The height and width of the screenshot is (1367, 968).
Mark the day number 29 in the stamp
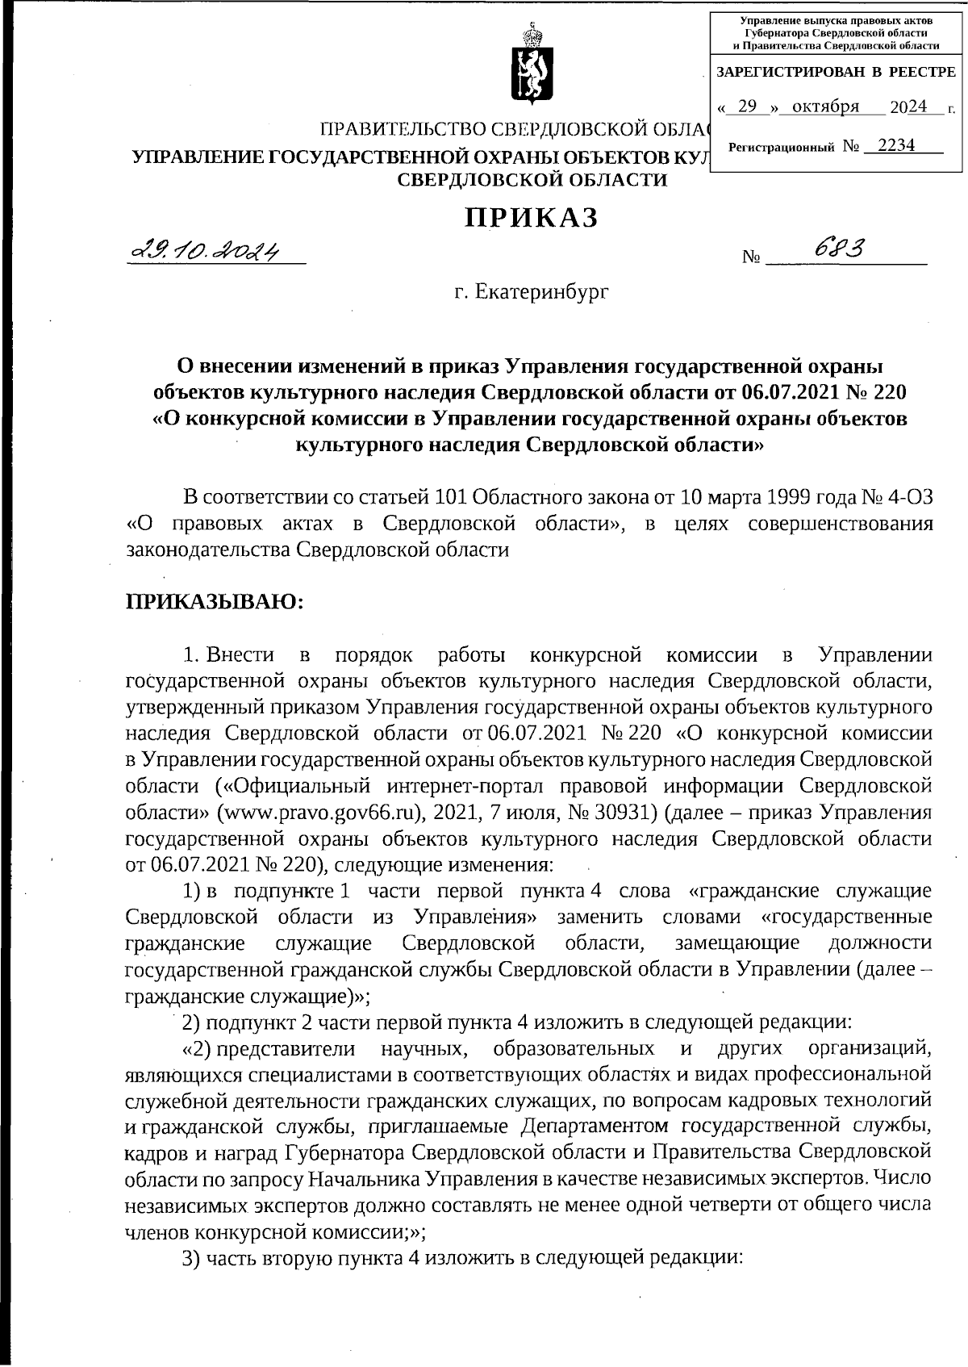[746, 107]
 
